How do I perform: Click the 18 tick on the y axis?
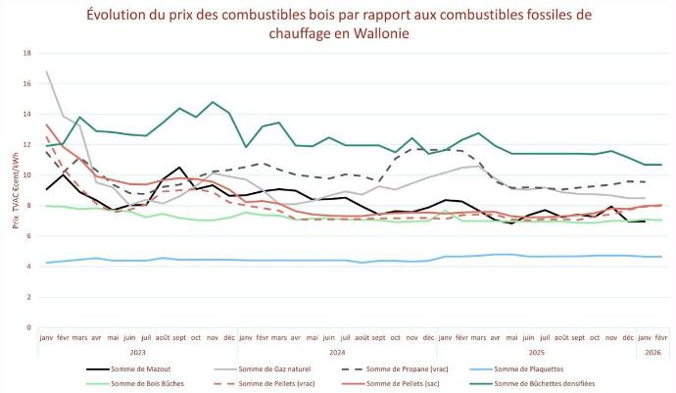coord(27,53)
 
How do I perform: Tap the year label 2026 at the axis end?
coord(651,350)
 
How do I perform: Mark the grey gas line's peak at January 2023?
coord(47,72)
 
